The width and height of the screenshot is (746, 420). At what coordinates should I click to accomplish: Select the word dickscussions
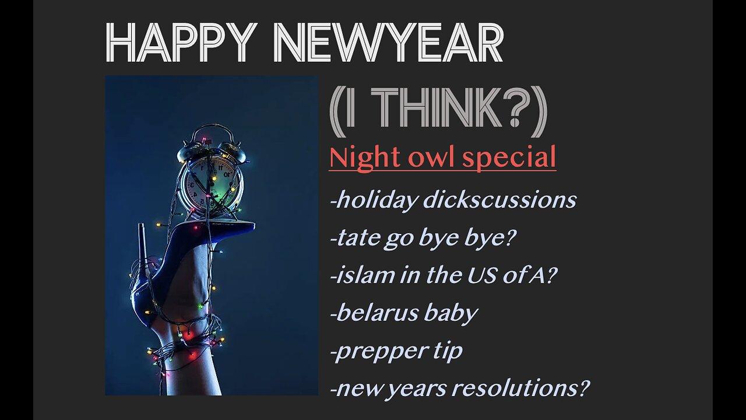point(501,200)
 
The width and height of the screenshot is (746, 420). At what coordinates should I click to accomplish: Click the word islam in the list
point(355,275)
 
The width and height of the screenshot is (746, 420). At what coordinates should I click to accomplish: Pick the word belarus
point(373,313)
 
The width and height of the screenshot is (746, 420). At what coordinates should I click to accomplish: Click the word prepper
point(376,352)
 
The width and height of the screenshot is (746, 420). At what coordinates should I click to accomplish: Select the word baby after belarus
point(451,313)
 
